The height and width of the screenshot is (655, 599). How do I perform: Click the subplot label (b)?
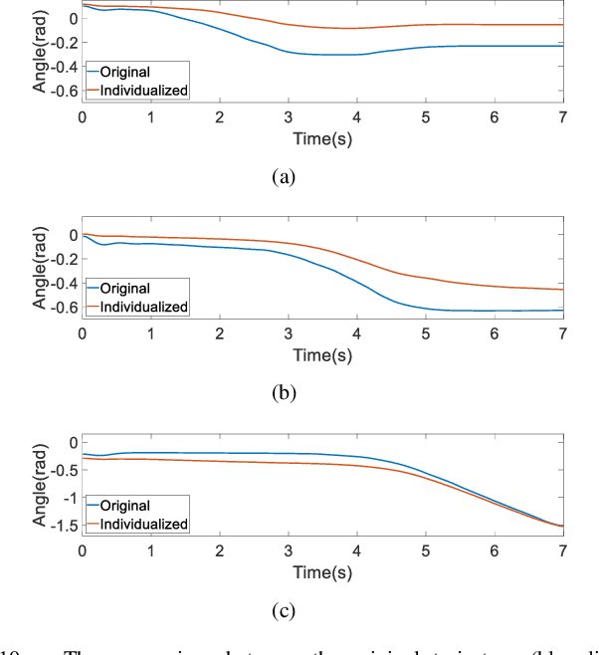pyautogui.click(x=285, y=392)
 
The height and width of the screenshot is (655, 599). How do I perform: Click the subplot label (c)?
pyautogui.click(x=285, y=608)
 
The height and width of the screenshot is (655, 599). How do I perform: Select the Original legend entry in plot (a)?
pyautogui.click(x=136, y=73)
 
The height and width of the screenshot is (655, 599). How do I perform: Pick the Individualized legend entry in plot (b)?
pyautogui.click(x=149, y=306)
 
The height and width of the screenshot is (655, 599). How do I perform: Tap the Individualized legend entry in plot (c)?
pyautogui.click(x=149, y=523)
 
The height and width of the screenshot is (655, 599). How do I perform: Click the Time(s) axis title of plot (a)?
pyautogui.click(x=322, y=139)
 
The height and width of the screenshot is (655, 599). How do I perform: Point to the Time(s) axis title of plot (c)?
pyautogui.click(x=322, y=573)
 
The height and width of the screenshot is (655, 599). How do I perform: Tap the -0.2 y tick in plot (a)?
pyautogui.click(x=62, y=43)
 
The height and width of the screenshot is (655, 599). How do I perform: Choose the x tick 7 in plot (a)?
pyautogui.click(x=563, y=116)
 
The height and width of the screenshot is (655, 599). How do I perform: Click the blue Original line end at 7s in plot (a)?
pyautogui.click(x=562, y=46)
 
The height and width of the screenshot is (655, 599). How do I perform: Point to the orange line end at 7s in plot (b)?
pyautogui.click(x=562, y=290)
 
